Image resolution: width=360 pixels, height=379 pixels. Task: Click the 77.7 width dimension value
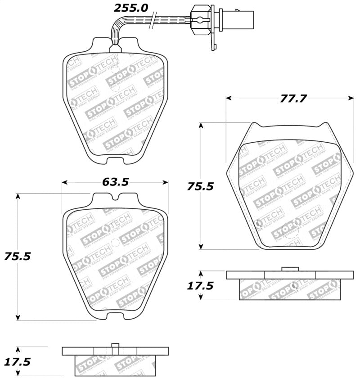tap(288, 98)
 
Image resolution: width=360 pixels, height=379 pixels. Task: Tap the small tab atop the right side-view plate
tap(290, 269)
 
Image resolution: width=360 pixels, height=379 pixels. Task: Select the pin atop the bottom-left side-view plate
tap(115, 346)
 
